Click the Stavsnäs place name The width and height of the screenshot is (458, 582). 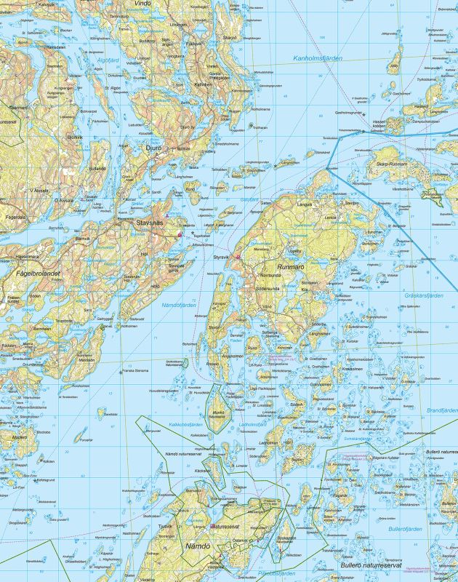click(x=142, y=224)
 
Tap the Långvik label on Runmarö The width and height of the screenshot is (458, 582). click(x=304, y=206)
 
